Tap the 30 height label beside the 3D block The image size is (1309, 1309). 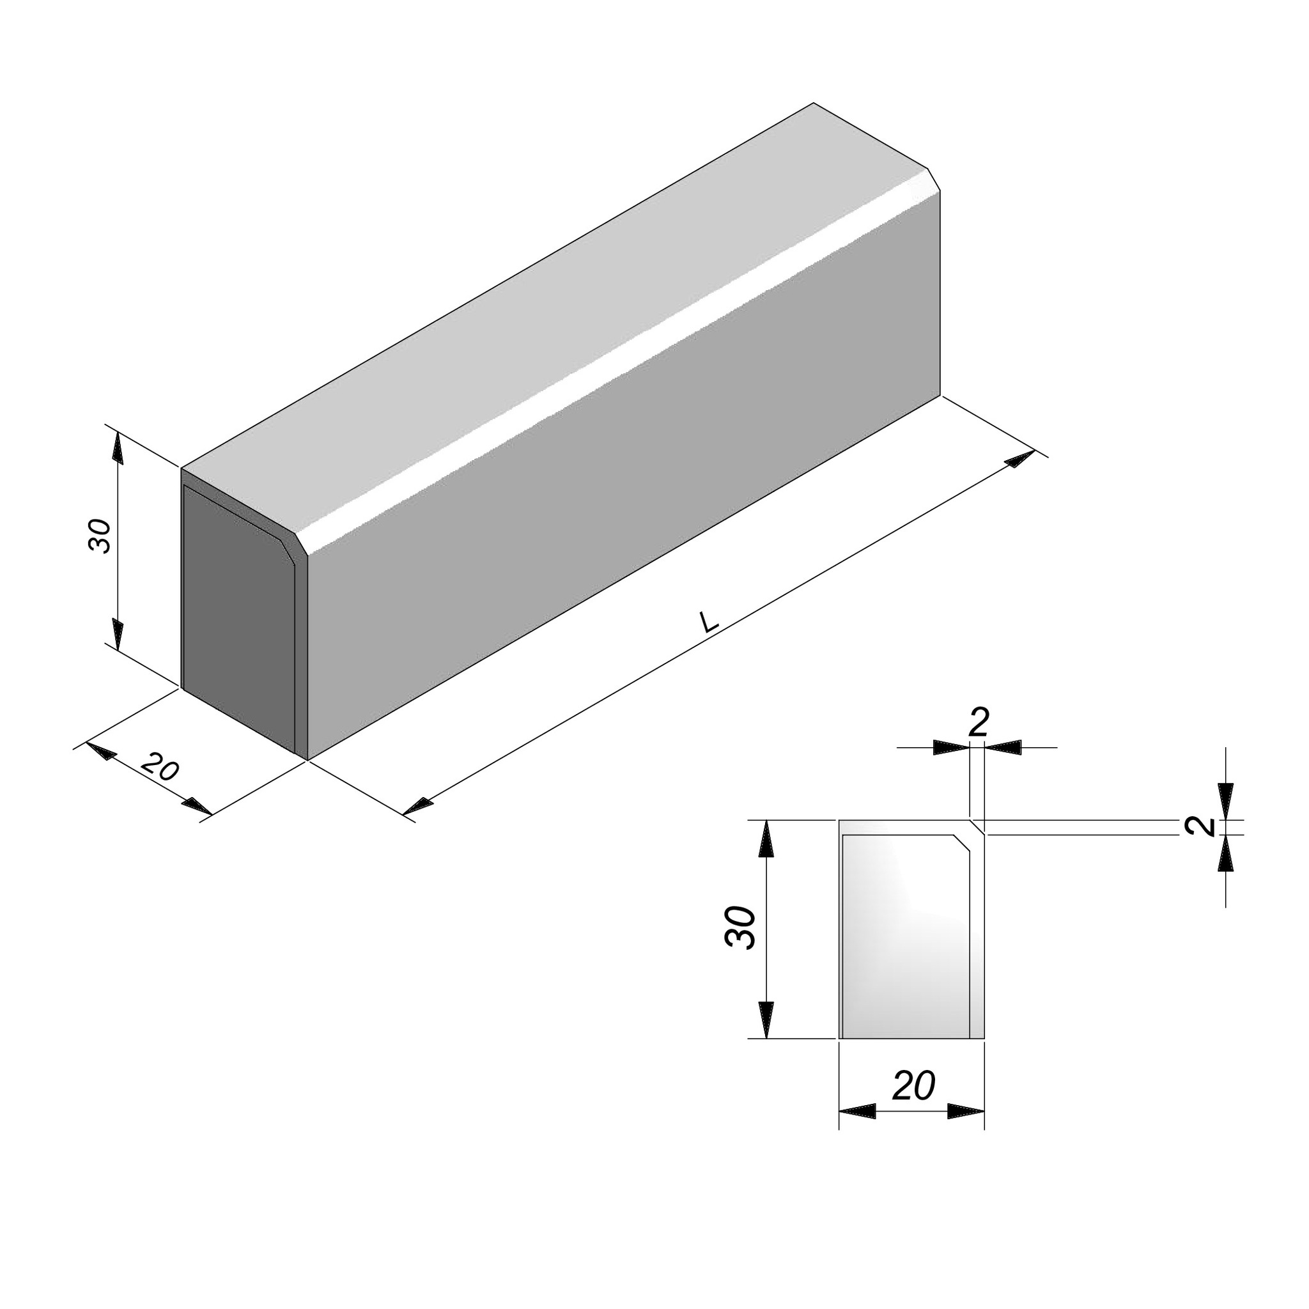[x=100, y=536]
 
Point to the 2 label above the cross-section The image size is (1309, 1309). [x=979, y=722]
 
